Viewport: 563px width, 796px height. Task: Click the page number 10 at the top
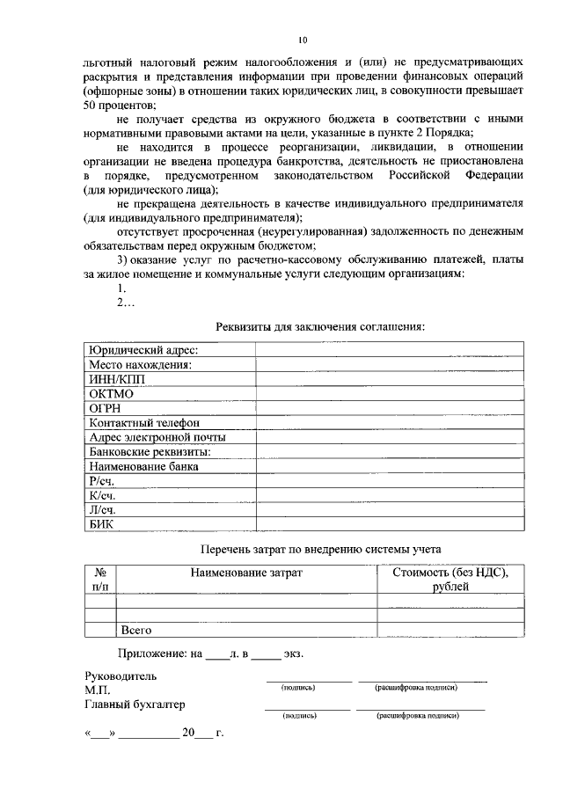coord(303,40)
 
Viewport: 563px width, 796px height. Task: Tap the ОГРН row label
coord(106,408)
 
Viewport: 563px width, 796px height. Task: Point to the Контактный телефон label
coord(144,423)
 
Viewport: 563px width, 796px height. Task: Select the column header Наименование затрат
coord(246,573)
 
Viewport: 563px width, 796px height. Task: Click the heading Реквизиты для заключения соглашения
coord(320,327)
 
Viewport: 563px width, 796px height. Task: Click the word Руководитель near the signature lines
coord(121,677)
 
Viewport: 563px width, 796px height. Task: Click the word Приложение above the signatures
coord(150,654)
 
